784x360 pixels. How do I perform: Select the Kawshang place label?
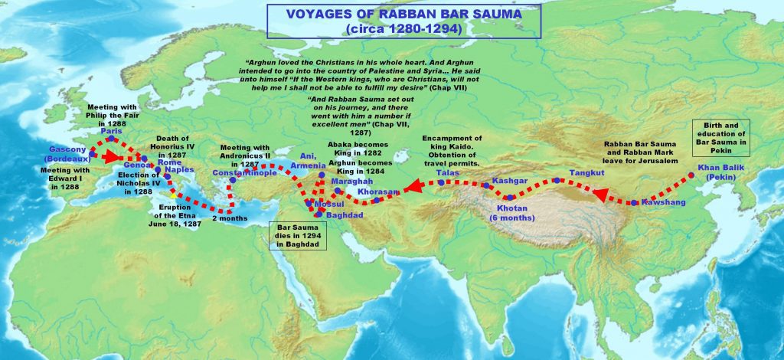click(x=660, y=202)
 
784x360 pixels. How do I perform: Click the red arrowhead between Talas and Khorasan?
click(x=413, y=185)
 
